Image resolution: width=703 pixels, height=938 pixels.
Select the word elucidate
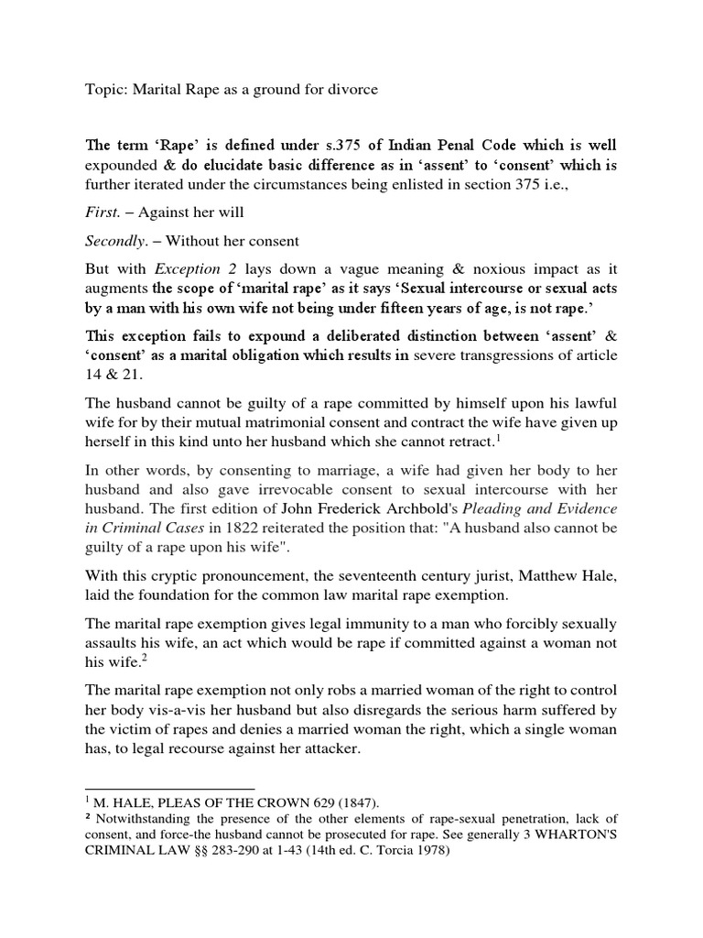tap(237, 166)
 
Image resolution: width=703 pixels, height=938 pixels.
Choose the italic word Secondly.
tap(117, 242)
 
